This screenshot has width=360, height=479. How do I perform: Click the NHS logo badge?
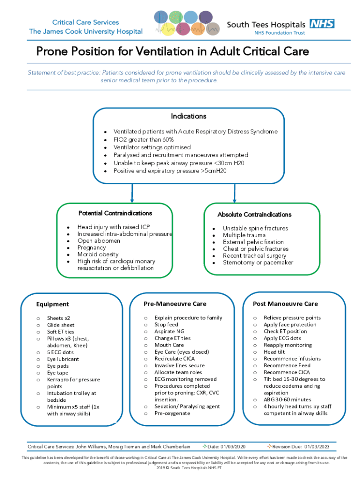[x=322, y=23]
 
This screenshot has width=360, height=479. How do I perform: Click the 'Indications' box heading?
[x=188, y=116]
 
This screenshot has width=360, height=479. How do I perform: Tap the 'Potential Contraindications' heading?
[x=115, y=213]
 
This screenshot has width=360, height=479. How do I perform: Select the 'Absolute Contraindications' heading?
[x=254, y=215]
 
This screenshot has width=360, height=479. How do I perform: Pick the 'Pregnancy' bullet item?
[x=92, y=247]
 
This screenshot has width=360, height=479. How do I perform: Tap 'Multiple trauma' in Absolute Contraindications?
[x=244, y=235]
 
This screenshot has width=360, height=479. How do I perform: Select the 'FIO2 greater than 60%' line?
[x=144, y=139]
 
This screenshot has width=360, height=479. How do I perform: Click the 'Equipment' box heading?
[x=52, y=305]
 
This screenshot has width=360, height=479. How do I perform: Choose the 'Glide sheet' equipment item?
[x=61, y=325]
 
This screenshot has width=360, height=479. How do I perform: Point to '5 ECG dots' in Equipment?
[x=60, y=352]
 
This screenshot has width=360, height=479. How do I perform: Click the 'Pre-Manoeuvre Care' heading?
[x=175, y=304]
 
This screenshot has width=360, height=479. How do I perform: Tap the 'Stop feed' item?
[x=166, y=325]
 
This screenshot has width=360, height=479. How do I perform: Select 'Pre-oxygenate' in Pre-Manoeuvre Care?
[x=173, y=414]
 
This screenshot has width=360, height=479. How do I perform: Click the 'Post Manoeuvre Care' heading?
[x=285, y=304]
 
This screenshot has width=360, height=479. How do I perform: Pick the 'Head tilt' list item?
[x=274, y=352]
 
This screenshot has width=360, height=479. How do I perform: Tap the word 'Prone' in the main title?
[x=51, y=51]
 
